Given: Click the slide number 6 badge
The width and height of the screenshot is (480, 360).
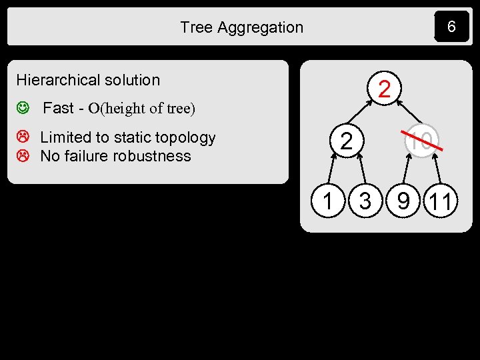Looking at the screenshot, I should point(451,27).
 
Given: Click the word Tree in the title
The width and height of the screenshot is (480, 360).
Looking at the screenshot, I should point(196,27).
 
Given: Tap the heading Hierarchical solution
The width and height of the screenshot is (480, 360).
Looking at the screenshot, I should point(88,80).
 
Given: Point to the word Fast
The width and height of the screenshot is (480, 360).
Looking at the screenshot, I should point(58,108).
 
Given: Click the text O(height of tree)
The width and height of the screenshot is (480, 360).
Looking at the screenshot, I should point(141,109).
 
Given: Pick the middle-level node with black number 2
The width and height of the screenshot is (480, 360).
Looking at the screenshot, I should point(346,141).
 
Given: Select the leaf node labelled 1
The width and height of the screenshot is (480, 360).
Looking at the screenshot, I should point(327,201).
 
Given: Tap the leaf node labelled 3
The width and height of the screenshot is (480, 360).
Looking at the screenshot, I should point(365,201).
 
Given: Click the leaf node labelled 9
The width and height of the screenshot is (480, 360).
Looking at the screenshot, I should point(403,201).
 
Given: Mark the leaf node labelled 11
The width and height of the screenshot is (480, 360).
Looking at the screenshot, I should point(441,201).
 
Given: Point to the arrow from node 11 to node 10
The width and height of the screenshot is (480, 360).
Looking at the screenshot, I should point(434,170).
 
